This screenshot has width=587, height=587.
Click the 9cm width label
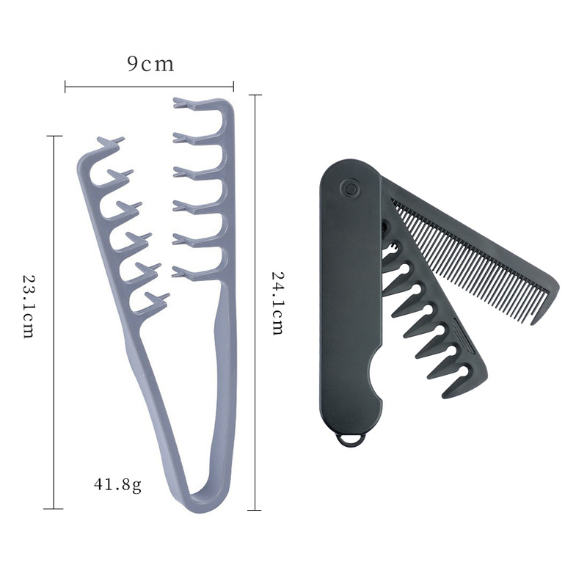(150, 64)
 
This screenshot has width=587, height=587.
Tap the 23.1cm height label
(29, 307)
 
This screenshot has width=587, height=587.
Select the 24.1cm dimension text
(277, 303)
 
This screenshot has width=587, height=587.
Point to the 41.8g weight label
(117, 485)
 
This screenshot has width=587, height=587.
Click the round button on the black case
(351, 188)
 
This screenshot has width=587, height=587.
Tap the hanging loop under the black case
(351, 439)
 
